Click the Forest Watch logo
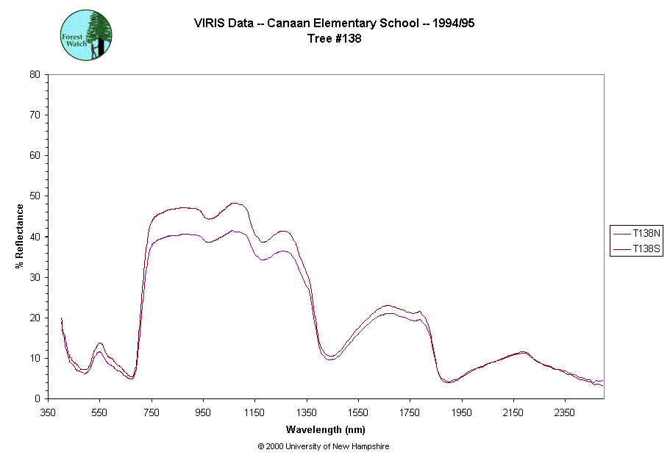click(x=86, y=35)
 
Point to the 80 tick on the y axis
click(x=35, y=74)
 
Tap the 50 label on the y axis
click(x=35, y=196)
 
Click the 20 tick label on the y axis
click(x=35, y=318)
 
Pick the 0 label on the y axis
click(x=38, y=398)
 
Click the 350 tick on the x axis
click(x=48, y=412)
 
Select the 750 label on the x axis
click(x=152, y=412)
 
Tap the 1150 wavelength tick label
click(x=254, y=412)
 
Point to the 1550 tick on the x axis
click(x=358, y=412)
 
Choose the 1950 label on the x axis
click(x=461, y=412)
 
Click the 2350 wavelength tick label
click(x=564, y=412)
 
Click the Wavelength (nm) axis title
click(x=326, y=429)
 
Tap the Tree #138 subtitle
click(x=334, y=39)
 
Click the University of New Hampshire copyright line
click(x=324, y=446)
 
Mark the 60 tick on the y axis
click(x=35, y=156)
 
